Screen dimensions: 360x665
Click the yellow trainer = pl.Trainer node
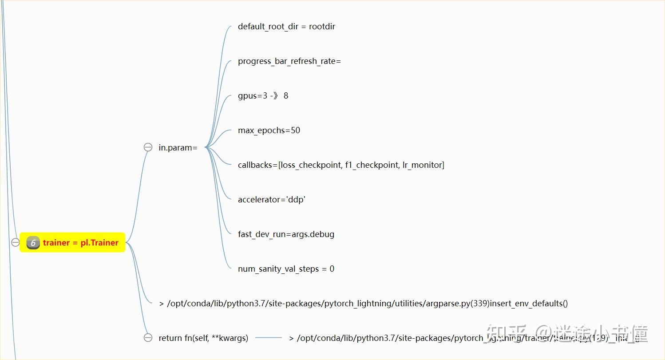(x=80, y=243)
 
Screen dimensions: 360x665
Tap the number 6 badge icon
(x=33, y=243)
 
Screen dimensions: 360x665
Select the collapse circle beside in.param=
(x=148, y=147)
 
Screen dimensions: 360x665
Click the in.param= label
(x=178, y=148)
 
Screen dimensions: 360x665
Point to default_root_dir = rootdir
(x=286, y=27)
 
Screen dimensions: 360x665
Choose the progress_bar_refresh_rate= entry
(x=289, y=61)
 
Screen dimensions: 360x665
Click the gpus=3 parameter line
(x=263, y=96)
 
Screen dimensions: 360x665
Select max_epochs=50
(x=269, y=131)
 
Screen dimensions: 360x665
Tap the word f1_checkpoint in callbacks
(x=372, y=165)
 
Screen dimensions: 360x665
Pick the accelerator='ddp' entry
(x=272, y=200)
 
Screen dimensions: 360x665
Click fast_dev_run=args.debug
(x=286, y=234)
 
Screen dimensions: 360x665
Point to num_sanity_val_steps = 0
(x=286, y=269)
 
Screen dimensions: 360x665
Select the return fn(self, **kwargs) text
(x=203, y=338)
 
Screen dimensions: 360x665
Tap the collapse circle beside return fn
(x=148, y=338)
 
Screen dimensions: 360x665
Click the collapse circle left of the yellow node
(x=16, y=242)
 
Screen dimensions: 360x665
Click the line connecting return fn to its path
(x=269, y=338)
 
